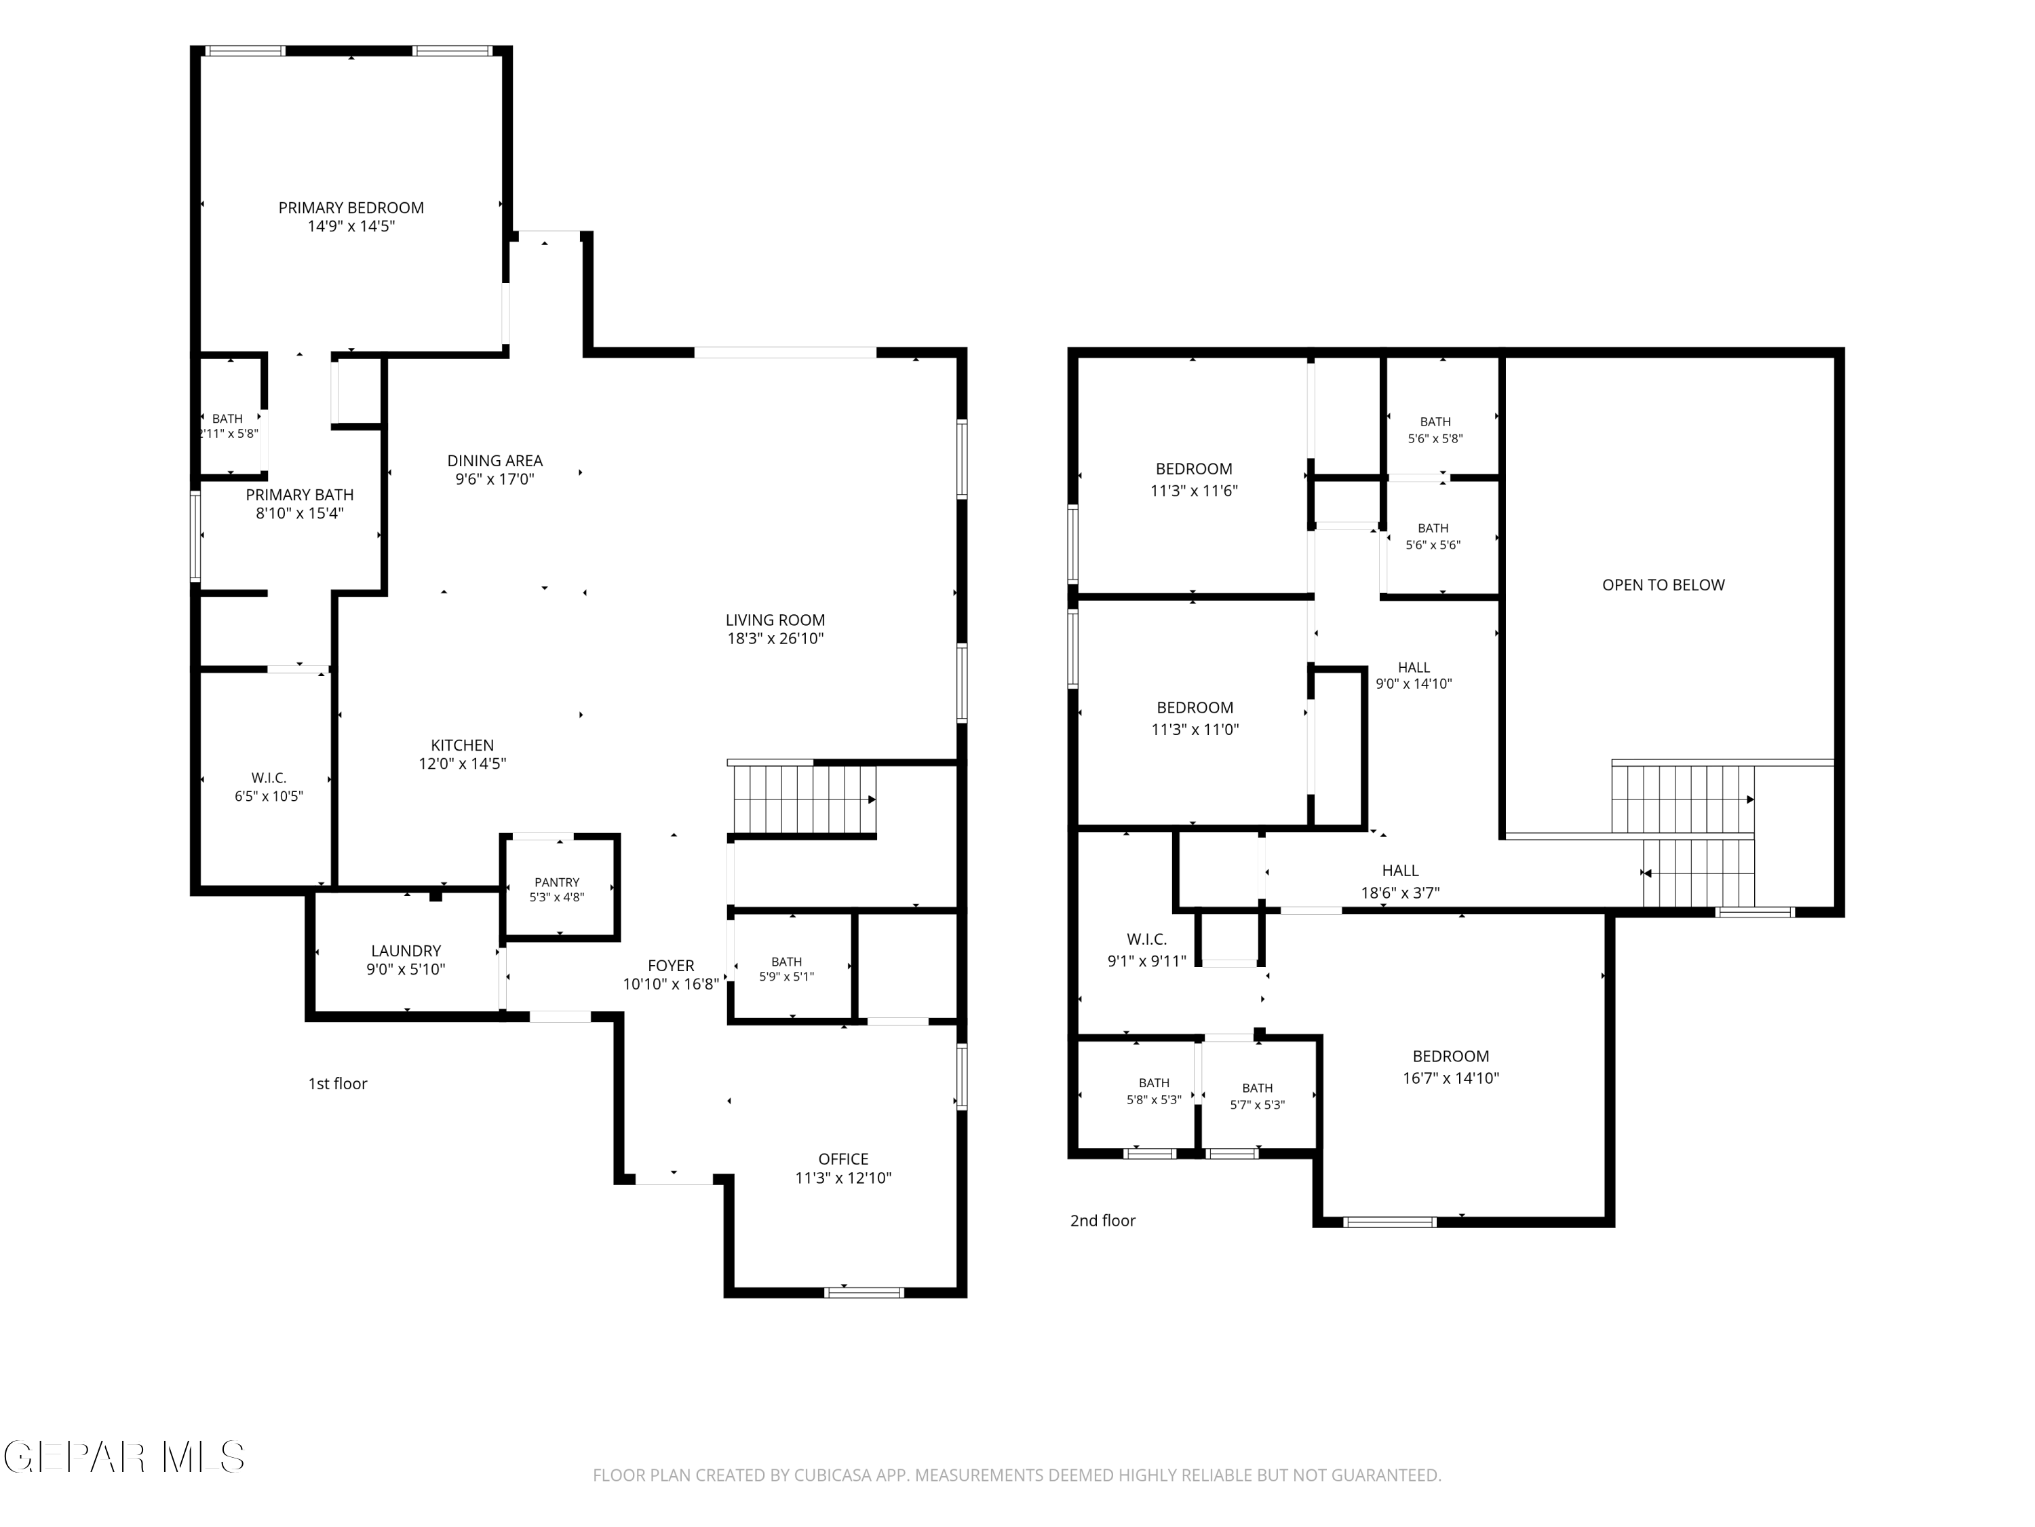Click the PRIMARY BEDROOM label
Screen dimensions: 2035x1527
pos(351,208)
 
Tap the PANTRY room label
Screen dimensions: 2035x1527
pos(557,882)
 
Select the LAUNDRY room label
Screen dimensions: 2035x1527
pos(406,951)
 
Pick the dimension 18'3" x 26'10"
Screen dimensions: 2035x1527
pos(775,638)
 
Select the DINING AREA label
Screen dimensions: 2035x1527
pos(495,460)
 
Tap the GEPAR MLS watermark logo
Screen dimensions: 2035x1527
pos(124,1457)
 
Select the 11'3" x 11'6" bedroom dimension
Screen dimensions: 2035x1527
pos(1193,491)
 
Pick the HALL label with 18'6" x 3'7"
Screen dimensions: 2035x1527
pos(1399,871)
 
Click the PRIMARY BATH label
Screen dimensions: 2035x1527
pos(299,495)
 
